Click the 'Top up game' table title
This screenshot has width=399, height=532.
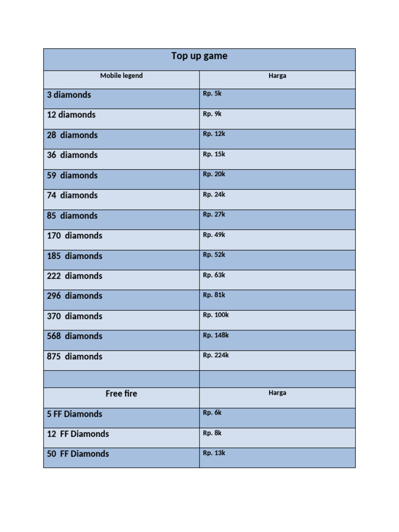(x=199, y=56)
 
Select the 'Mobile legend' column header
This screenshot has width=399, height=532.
(x=122, y=76)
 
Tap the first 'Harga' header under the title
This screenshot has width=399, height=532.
(x=277, y=76)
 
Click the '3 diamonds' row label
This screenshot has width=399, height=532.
(x=69, y=95)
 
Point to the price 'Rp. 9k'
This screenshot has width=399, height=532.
(x=212, y=114)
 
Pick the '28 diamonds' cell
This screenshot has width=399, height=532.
(x=72, y=135)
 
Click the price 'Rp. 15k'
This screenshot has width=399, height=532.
(x=214, y=154)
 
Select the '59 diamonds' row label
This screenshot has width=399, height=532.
(x=72, y=176)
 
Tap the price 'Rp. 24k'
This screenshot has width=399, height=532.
(x=214, y=195)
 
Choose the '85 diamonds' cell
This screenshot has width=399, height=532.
(x=72, y=216)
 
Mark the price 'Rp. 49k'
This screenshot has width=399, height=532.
(x=214, y=235)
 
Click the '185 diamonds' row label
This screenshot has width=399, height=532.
(x=75, y=256)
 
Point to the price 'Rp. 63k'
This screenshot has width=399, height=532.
(x=214, y=275)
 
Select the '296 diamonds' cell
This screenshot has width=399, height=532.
(x=75, y=296)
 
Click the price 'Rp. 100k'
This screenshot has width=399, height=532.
(x=216, y=315)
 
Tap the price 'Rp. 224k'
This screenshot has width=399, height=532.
(x=216, y=356)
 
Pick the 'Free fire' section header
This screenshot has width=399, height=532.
(x=122, y=394)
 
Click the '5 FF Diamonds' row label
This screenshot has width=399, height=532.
(x=75, y=414)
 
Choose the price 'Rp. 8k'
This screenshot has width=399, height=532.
(x=212, y=433)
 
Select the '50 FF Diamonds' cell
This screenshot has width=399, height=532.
(x=78, y=454)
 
